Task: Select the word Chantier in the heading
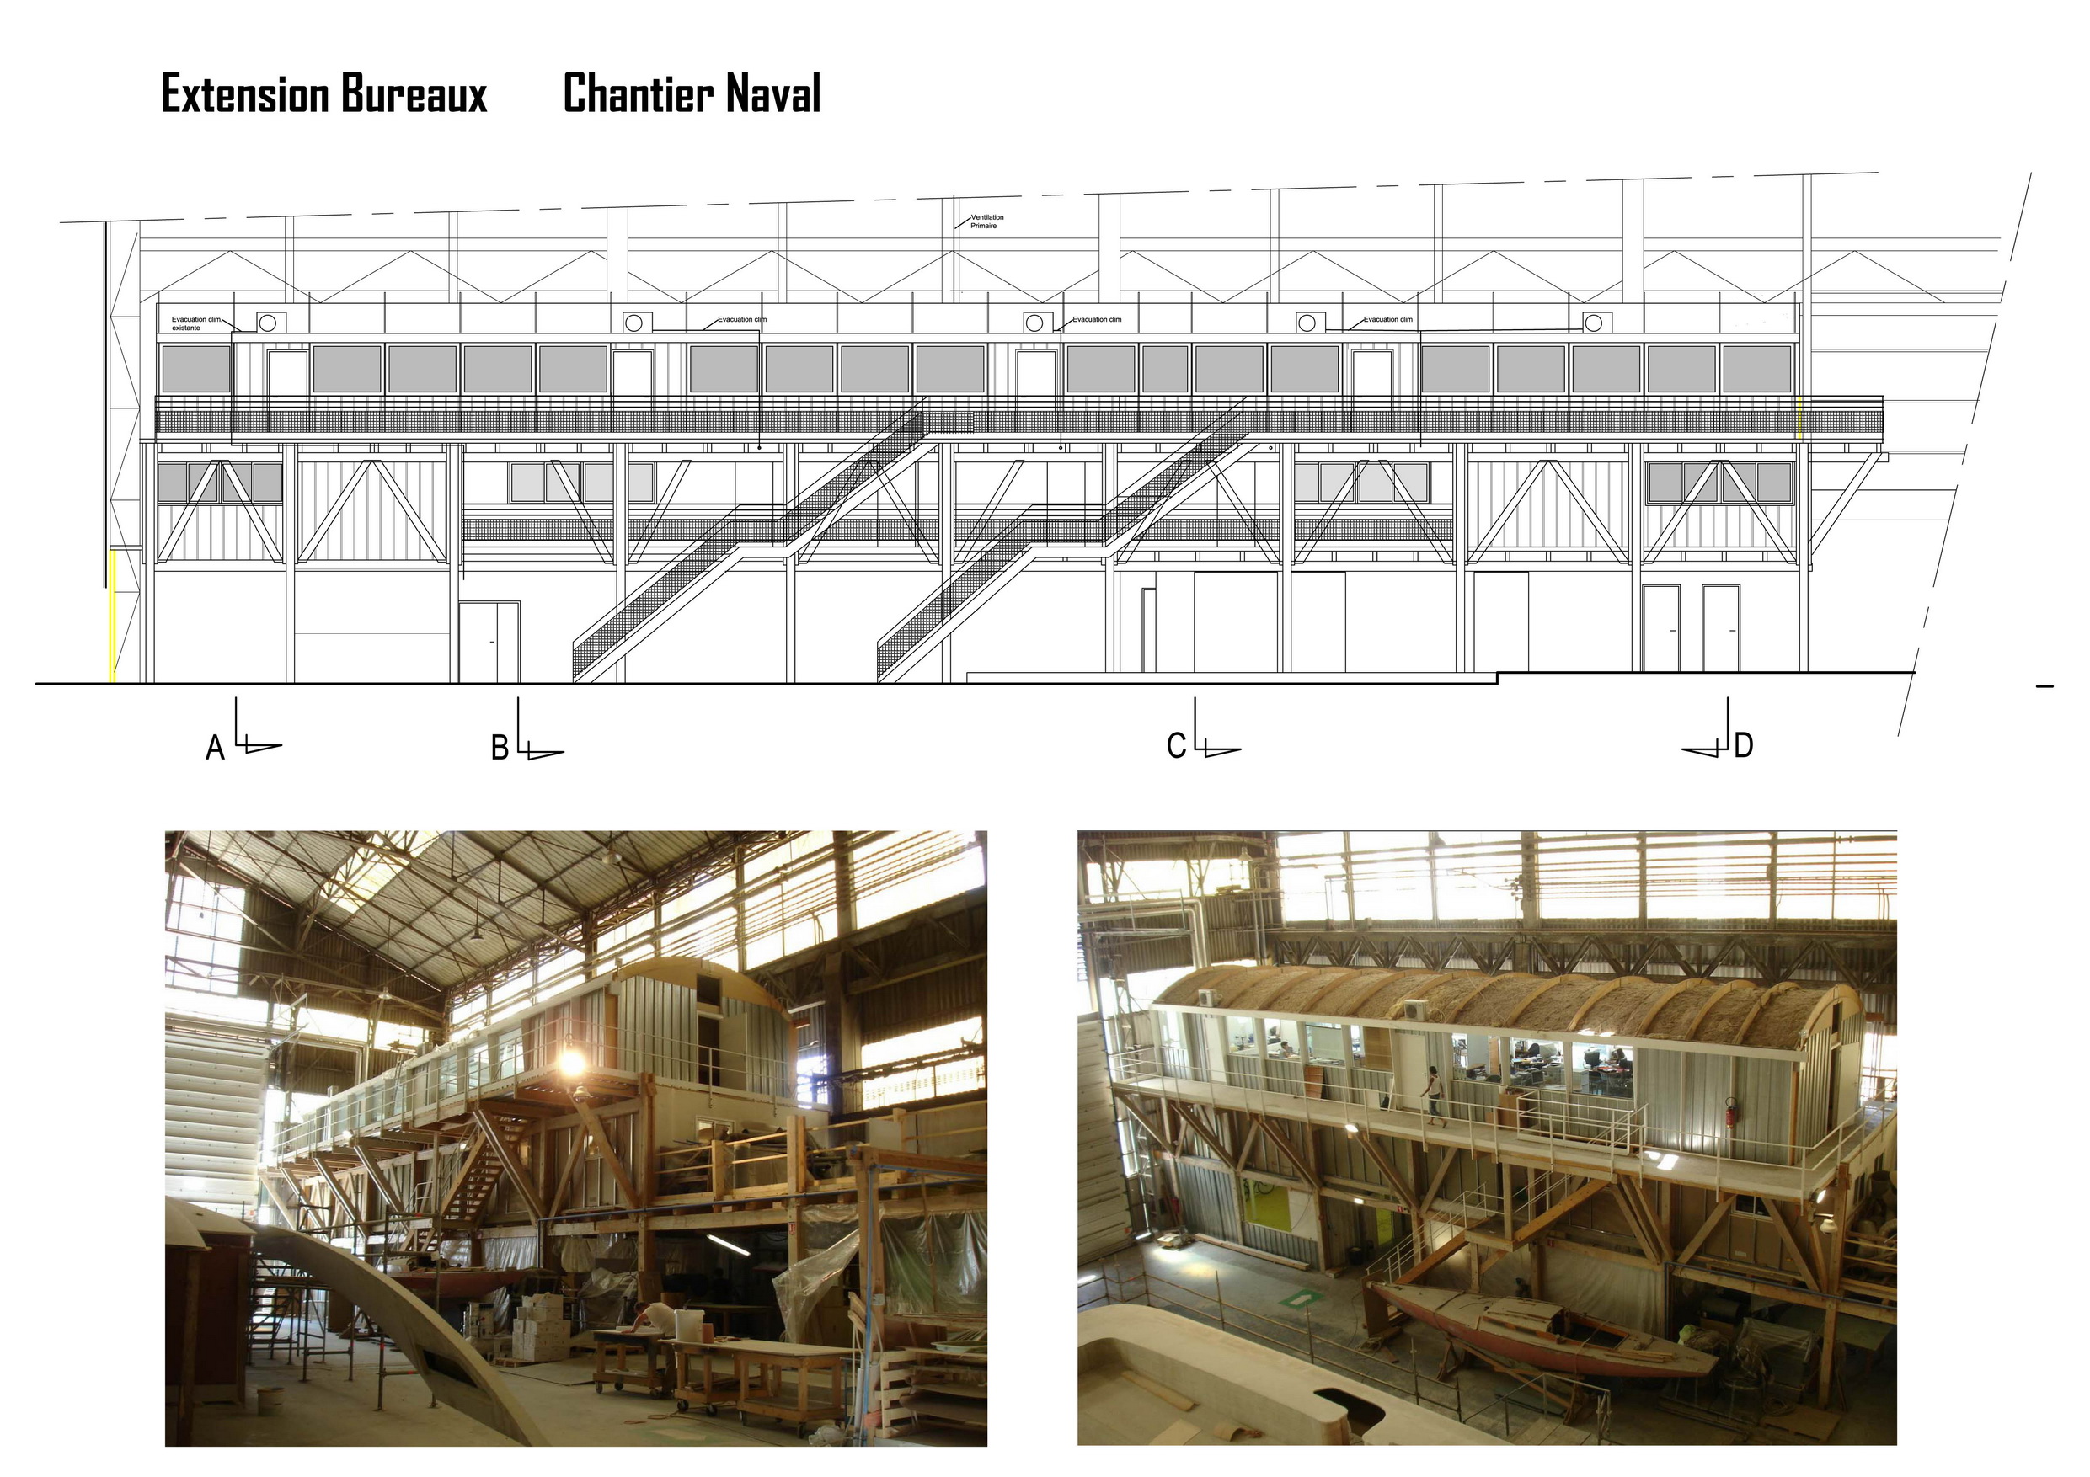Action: coord(637,93)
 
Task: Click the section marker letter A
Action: coord(215,748)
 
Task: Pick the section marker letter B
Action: coord(500,748)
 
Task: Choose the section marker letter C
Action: coord(1176,746)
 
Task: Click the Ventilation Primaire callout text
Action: coord(986,221)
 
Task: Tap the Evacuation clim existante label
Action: coord(195,323)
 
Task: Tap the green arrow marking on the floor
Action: coord(1296,1298)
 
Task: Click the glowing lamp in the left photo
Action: coord(572,1062)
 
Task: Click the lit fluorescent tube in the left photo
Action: coord(728,1245)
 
